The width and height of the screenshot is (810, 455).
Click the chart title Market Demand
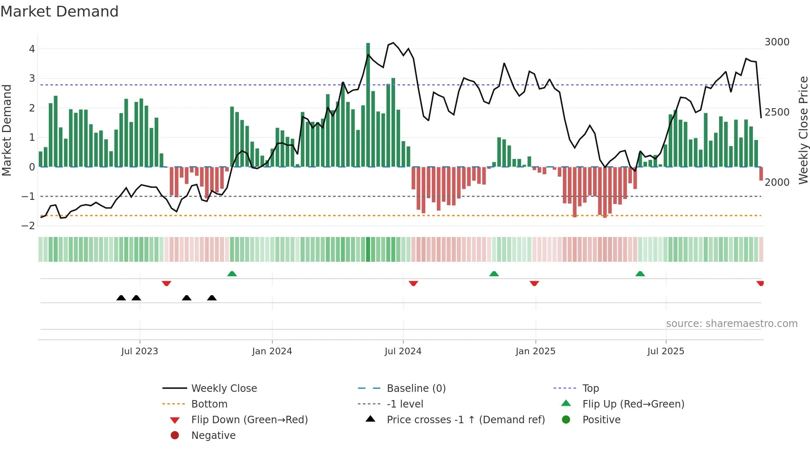(x=60, y=12)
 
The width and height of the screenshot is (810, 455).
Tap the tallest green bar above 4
(x=368, y=103)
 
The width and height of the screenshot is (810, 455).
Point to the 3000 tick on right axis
(x=777, y=42)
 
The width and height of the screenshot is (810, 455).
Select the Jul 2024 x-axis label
(x=403, y=351)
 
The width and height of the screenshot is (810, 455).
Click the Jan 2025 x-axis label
(x=535, y=351)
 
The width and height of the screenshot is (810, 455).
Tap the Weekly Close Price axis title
(x=803, y=130)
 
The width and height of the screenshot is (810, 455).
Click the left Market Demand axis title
(x=7, y=130)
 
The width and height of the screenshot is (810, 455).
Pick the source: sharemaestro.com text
(x=731, y=324)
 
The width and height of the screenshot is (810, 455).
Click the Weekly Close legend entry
(x=224, y=389)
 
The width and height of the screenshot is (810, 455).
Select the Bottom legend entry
(x=209, y=404)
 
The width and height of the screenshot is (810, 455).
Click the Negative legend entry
(x=213, y=436)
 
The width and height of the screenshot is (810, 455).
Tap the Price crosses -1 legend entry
(x=465, y=420)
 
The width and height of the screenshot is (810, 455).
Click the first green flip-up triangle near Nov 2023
(x=232, y=274)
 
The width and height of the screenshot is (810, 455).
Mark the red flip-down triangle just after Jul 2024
(x=413, y=283)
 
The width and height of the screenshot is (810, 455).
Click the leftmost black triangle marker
(x=121, y=298)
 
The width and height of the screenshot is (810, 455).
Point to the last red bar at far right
(x=761, y=173)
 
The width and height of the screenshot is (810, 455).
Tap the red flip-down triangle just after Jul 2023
(x=167, y=283)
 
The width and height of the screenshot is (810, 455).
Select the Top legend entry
(x=590, y=389)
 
